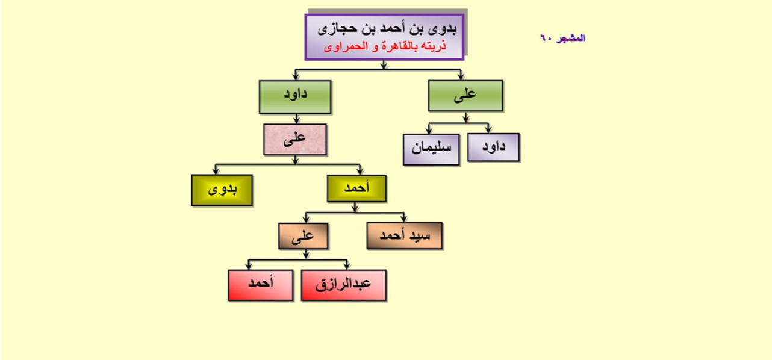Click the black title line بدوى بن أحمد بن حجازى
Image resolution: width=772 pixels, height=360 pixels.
pyautogui.click(x=387, y=29)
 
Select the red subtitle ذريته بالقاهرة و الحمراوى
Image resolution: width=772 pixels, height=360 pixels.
pyautogui.click(x=385, y=46)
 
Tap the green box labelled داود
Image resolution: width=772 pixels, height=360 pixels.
pyautogui.click(x=295, y=97)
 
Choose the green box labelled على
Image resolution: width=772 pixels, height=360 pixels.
pyautogui.click(x=465, y=96)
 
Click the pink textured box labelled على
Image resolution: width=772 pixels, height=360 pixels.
pyautogui.click(x=295, y=140)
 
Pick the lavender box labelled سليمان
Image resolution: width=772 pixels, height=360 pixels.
pyautogui.click(x=431, y=149)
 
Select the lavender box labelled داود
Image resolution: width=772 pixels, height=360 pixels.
pyautogui.click(x=494, y=147)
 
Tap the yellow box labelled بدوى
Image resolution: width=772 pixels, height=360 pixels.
pyautogui.click(x=222, y=190)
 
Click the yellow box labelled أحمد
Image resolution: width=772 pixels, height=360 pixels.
pyautogui.click(x=356, y=188)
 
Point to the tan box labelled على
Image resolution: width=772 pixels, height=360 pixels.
pyautogui.click(x=304, y=236)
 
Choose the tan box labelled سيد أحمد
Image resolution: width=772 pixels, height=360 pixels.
pyautogui.click(x=405, y=235)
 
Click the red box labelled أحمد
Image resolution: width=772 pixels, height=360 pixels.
pyautogui.click(x=261, y=285)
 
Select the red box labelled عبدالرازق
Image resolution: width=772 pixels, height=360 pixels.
pyautogui.click(x=344, y=285)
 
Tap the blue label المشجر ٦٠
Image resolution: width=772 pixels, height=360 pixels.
pyautogui.click(x=562, y=38)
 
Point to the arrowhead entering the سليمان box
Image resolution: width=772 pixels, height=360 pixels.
pyautogui.click(x=429, y=131)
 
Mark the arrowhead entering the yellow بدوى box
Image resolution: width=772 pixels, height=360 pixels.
pyautogui.click(x=216, y=171)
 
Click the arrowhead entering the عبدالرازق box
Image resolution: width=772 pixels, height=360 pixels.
pyautogui.click(x=347, y=266)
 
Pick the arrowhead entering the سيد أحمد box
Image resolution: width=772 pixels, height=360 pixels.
pyautogui.click(x=404, y=219)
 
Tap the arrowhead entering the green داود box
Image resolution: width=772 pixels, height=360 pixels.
pyautogui.click(x=296, y=77)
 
